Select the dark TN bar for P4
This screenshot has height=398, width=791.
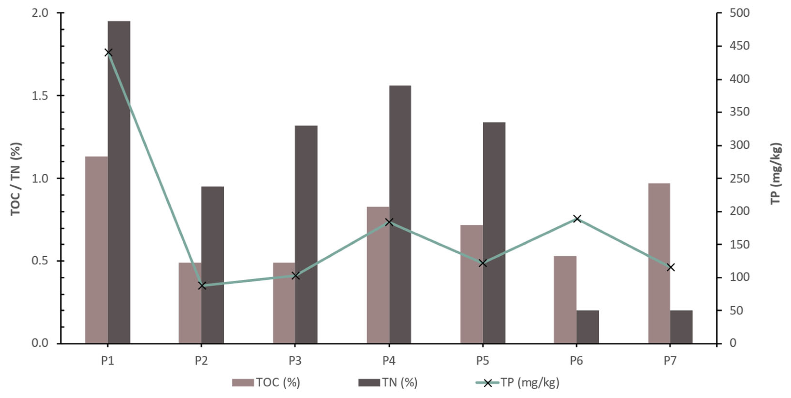(x=400, y=215)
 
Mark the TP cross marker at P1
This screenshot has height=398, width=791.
(x=108, y=52)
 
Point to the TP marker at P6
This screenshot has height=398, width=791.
(x=577, y=219)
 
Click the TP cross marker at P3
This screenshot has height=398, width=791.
(x=295, y=276)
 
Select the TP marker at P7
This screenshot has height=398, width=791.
(x=671, y=267)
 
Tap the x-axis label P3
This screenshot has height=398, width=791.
(x=295, y=361)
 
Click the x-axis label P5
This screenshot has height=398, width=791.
(x=483, y=361)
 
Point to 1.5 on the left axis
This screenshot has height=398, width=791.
(x=40, y=96)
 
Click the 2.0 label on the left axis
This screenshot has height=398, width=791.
(x=40, y=13)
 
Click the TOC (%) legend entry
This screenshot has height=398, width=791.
(x=266, y=383)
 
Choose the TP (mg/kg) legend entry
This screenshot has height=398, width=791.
(x=517, y=383)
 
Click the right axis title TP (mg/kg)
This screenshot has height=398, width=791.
(x=776, y=173)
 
